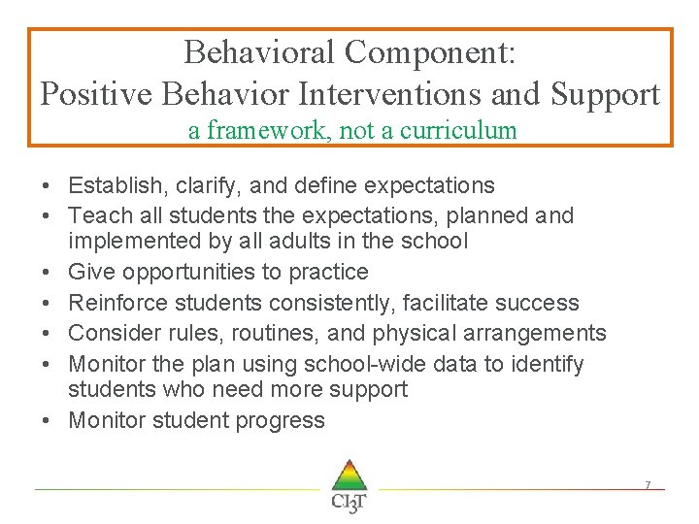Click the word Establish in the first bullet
(x=112, y=185)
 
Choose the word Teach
(x=97, y=215)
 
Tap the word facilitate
(x=449, y=304)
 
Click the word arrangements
(x=536, y=334)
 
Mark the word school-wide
(x=349, y=365)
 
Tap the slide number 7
(x=648, y=484)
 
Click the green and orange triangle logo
(x=349, y=475)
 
